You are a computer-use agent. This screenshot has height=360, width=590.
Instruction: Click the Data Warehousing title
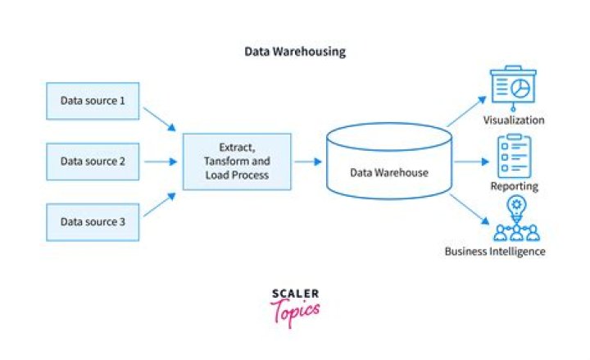(295, 52)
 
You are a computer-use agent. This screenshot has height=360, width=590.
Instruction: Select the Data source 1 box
(93, 102)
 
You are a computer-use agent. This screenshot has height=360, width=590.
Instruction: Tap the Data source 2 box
(93, 162)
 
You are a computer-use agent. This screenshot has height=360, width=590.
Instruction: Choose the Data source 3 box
(93, 221)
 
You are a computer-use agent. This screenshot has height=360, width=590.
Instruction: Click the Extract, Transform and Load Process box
(237, 162)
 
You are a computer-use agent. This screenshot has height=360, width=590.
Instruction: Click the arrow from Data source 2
(158, 162)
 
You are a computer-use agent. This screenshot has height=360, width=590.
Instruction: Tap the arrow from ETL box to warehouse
(308, 162)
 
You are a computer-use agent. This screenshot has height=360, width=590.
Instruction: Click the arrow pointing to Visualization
(465, 112)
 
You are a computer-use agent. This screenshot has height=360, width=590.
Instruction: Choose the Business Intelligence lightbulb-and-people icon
(515, 219)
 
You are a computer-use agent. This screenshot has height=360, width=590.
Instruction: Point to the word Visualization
(514, 121)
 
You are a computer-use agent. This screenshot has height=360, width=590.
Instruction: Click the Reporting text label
(514, 186)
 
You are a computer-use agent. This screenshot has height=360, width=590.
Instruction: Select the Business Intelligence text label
(495, 251)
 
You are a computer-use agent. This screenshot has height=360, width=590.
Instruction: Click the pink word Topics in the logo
(296, 311)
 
